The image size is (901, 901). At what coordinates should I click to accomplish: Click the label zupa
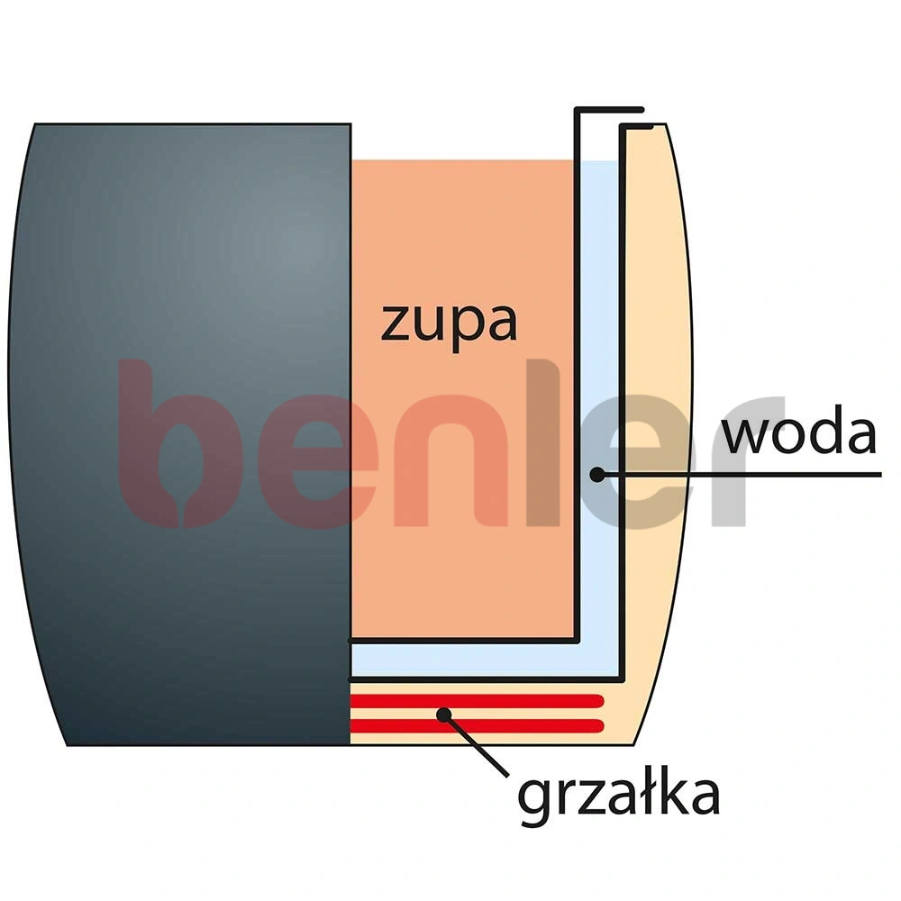(449, 324)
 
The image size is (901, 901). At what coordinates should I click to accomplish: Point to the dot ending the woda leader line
(597, 475)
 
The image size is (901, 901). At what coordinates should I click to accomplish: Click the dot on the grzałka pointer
(443, 714)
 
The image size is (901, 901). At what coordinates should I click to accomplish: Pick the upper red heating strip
(477, 701)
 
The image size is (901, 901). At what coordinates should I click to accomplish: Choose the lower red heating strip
(477, 725)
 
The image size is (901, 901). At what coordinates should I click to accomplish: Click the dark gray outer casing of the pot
(179, 434)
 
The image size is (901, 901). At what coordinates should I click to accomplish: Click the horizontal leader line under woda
(740, 475)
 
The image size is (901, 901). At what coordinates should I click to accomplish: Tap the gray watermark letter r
(747, 460)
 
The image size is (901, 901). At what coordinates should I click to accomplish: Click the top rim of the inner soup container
(609, 109)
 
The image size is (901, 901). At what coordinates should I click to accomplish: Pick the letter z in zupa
(396, 323)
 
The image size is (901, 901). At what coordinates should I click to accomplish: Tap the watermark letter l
(543, 442)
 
